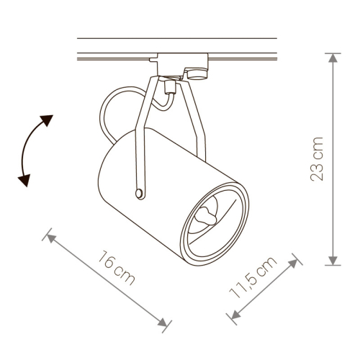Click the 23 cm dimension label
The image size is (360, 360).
click(317, 159)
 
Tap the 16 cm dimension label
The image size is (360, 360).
click(117, 267)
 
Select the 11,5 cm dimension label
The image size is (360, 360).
click(253, 277)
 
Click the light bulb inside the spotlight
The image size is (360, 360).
click(206, 216)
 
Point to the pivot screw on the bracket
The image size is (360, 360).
click(139, 193)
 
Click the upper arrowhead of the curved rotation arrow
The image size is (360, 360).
click(47, 120)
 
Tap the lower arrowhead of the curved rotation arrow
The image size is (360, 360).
click(24, 179)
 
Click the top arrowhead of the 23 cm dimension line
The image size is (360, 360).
click(333, 58)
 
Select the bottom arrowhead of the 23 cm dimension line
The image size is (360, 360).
click(333, 261)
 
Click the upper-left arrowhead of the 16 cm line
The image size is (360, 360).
click(51, 238)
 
